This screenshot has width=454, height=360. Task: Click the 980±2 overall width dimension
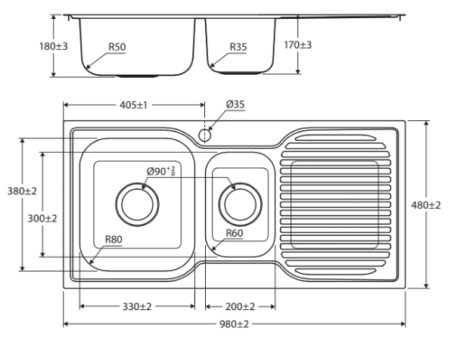[234, 324]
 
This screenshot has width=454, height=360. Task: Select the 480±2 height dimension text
[426, 205]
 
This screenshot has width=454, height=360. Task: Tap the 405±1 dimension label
[133, 105]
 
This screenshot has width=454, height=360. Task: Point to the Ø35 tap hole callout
[235, 104]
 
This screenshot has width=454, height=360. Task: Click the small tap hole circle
[204, 135]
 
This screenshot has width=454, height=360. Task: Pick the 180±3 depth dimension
[54, 46]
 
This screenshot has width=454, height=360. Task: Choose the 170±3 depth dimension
[297, 45]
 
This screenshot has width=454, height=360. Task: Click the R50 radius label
[117, 47]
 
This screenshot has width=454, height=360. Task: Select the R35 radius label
[238, 47]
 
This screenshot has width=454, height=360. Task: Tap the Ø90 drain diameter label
[161, 171]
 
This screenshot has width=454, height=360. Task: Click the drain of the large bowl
[137, 204]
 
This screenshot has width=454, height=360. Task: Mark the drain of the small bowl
[241, 204]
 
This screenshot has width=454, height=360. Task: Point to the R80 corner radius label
[113, 239]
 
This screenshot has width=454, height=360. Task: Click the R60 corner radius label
[235, 233]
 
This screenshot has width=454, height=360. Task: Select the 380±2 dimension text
[22, 191]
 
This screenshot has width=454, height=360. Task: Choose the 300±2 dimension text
[42, 219]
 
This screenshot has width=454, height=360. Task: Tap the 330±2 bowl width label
[137, 306]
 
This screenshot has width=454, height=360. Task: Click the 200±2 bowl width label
[240, 306]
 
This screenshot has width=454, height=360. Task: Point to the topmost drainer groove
[336, 138]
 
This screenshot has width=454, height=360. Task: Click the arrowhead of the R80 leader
[91, 262]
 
